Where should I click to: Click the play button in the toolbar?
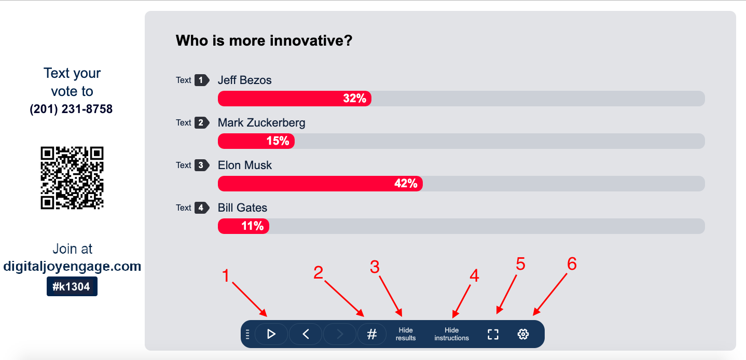click(x=271, y=334)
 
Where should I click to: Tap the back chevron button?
click(x=306, y=334)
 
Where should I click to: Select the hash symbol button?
click(x=371, y=334)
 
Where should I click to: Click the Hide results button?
click(x=406, y=334)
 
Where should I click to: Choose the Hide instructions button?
click(x=452, y=334)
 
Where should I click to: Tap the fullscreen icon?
click(x=493, y=335)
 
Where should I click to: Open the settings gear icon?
click(x=523, y=334)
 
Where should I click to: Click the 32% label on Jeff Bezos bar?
click(x=355, y=98)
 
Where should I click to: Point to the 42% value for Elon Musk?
click(x=406, y=183)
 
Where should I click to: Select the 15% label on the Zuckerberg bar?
click(x=278, y=141)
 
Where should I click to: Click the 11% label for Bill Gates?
click(x=253, y=226)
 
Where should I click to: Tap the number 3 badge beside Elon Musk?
click(x=202, y=165)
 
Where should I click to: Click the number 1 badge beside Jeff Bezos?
click(x=202, y=80)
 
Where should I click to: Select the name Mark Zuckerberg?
click(x=261, y=123)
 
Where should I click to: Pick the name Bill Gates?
click(x=242, y=208)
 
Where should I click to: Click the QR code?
click(x=72, y=178)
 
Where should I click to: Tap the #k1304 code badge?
click(x=72, y=286)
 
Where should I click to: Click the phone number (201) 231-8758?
click(x=71, y=109)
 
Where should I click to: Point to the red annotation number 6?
click(x=572, y=264)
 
